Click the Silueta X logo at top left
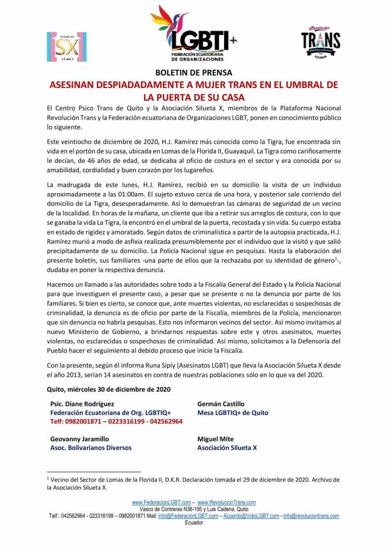pos(66,47)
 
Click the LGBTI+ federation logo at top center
pos(193,33)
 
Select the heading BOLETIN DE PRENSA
pos(193,73)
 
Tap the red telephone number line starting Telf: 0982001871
pos(116,422)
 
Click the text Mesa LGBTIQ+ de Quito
pos(233,413)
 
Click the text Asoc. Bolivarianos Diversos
pos(91,448)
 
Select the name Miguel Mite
pos(215,438)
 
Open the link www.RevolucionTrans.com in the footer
pos(227,502)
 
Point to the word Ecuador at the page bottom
pos(193,522)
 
